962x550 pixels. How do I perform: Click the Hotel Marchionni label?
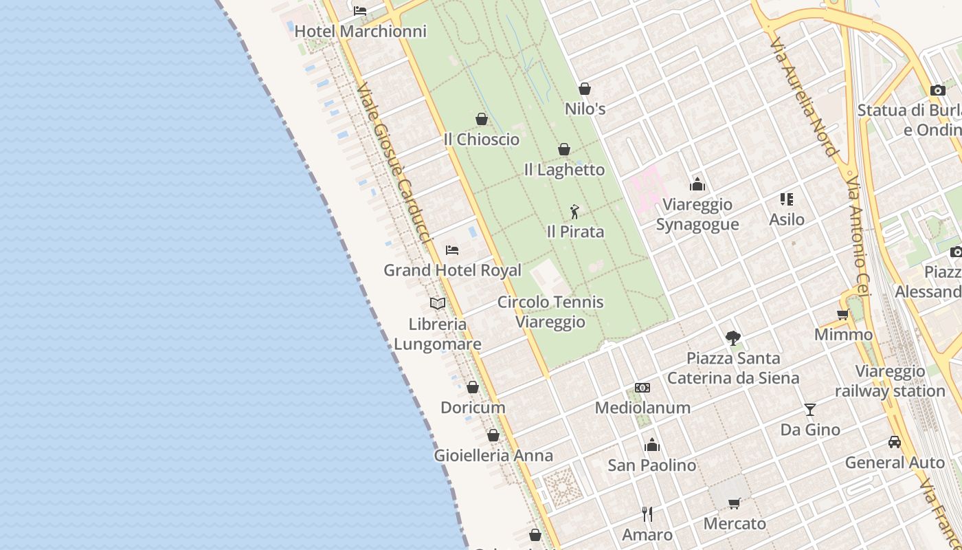coord(361,31)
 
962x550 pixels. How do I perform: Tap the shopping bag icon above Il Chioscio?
coord(482,119)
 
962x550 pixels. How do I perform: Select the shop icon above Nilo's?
coord(585,89)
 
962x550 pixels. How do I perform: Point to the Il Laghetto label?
coord(564,169)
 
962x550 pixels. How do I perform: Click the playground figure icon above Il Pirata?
coord(575,212)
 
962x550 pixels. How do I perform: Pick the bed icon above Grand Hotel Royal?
coord(452,250)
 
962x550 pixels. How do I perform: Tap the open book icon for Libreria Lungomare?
coord(438,303)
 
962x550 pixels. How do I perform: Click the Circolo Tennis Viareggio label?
coord(551,311)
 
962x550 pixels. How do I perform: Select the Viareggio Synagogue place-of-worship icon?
coord(697,184)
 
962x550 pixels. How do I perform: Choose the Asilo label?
coord(787,219)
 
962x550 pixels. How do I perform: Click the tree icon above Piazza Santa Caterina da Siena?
coord(733,338)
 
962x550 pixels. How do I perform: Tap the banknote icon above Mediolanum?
coord(642,388)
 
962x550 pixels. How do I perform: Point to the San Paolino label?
coord(652,465)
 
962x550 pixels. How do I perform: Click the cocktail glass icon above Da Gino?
coord(810,410)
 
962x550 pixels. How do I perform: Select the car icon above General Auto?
coord(895,442)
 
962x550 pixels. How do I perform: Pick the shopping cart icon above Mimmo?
coord(843,315)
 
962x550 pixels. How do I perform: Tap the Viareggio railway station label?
coord(891,381)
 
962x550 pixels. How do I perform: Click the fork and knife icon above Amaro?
coord(647,514)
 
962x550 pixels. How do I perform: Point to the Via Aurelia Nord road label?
coord(803,96)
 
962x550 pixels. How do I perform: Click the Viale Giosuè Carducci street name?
coord(393,163)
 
